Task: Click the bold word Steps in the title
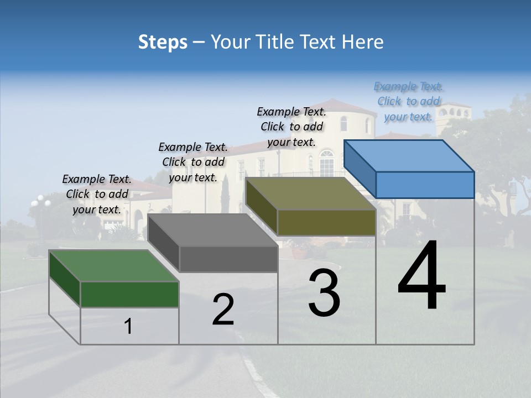coord(163,42)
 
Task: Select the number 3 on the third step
coord(324,293)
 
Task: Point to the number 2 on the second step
coord(223,310)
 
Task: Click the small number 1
coord(128,327)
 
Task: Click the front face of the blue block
coord(425,185)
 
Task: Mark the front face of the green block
coord(129,294)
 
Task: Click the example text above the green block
coord(97,194)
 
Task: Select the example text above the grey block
coord(193,162)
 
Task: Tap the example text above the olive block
coord(291,127)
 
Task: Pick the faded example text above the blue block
coord(408,101)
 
